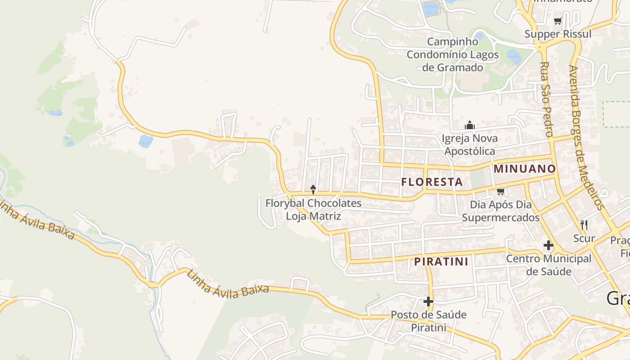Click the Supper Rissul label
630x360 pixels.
pos(558,34)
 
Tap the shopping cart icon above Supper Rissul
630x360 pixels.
pos(558,21)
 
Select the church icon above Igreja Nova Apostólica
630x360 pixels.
pos(470,125)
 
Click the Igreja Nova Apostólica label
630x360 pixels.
pos(470,144)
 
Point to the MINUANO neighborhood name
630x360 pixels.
pos(525,169)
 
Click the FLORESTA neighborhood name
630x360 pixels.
pos(432,182)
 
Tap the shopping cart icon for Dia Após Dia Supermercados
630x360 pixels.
pos(500,192)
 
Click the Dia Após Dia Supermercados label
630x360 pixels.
pos(501,211)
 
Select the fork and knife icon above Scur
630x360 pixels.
pos(584,225)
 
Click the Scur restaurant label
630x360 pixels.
pos(584,238)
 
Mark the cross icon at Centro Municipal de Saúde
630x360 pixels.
pos(548,246)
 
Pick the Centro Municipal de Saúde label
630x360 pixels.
pos(549,265)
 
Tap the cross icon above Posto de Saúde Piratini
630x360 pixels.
pos(428,301)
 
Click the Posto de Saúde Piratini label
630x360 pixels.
pos(428,320)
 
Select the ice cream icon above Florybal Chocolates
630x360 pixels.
pos(313,190)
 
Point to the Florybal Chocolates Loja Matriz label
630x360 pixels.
pos(313,209)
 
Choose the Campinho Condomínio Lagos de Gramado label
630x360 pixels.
pos(453,54)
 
